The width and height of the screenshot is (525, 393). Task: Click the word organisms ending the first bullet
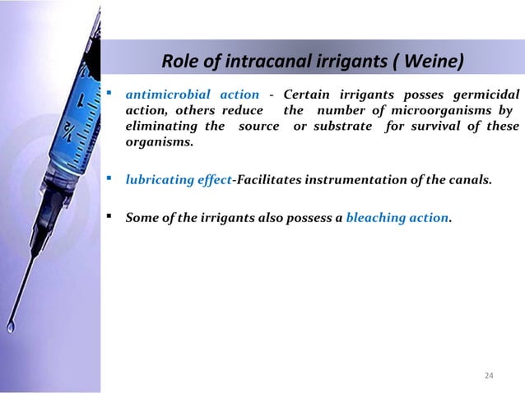coord(154,141)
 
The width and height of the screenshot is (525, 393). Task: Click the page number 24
coord(489,376)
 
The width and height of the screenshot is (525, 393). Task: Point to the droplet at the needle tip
coord(11,327)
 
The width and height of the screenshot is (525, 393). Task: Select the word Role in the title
coord(179,62)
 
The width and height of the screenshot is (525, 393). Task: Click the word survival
coord(456,126)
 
